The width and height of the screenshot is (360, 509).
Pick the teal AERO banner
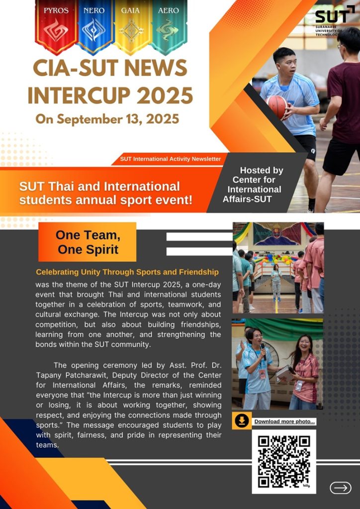click(x=169, y=26)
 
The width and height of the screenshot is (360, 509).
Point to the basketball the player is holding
click(x=277, y=106)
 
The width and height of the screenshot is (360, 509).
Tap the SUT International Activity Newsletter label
click(x=171, y=159)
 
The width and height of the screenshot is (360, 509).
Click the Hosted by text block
click(x=254, y=184)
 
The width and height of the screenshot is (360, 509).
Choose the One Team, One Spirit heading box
click(x=88, y=242)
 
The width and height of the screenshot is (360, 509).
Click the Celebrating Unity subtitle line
click(x=127, y=272)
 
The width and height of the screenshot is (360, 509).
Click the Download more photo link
click(x=284, y=422)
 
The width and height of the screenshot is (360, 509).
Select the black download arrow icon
click(x=242, y=421)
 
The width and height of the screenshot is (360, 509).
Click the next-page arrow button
click(x=341, y=488)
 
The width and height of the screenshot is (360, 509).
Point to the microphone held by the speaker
click(x=263, y=351)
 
